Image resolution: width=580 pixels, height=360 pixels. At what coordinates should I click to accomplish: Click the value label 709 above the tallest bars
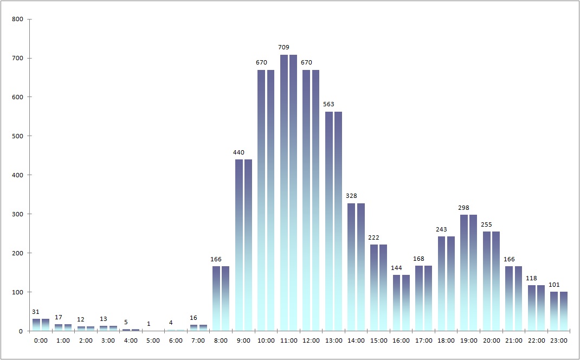pyautogui.click(x=284, y=47)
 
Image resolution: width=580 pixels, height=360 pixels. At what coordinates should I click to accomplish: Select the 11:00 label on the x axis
pyautogui.click(x=288, y=340)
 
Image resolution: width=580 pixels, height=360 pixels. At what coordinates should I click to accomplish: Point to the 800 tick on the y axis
pyautogui.click(x=17, y=20)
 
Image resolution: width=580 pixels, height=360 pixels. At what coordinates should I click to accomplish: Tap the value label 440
pyautogui.click(x=239, y=152)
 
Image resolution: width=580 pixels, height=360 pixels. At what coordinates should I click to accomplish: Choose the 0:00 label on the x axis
pyautogui.click(x=41, y=340)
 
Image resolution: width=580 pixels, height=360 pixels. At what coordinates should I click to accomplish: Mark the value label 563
pyautogui.click(x=329, y=105)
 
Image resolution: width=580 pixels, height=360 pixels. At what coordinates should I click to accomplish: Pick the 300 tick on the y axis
pyautogui.click(x=17, y=214)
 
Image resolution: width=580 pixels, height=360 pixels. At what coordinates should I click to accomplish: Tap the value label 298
pyautogui.click(x=464, y=208)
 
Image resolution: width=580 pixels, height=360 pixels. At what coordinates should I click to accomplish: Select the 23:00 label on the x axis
pyautogui.click(x=559, y=340)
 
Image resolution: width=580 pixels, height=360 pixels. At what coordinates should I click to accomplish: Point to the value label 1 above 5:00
pyautogui.click(x=149, y=324)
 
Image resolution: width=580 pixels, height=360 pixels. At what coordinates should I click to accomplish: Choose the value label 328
pyautogui.click(x=352, y=196)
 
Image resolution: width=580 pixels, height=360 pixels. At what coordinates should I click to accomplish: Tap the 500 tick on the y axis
pyautogui.click(x=17, y=136)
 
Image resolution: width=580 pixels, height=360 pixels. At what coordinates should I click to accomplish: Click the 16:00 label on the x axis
pyautogui.click(x=401, y=340)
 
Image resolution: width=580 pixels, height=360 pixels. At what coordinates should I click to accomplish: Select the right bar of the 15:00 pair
pyautogui.click(x=383, y=288)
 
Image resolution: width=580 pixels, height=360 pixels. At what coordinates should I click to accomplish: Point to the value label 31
pyautogui.click(x=36, y=312)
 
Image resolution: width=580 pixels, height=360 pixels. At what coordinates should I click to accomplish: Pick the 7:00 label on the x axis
pyautogui.click(x=198, y=340)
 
